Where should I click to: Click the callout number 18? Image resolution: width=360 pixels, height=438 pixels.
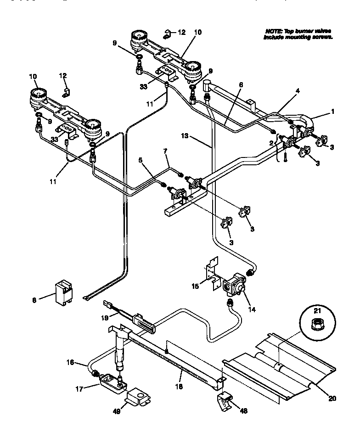tap(179, 387)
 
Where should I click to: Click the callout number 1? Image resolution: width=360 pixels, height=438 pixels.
tap(333, 112)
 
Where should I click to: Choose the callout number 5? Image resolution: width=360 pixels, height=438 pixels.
tap(141, 160)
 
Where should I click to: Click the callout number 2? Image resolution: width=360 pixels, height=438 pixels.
tap(272, 143)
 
